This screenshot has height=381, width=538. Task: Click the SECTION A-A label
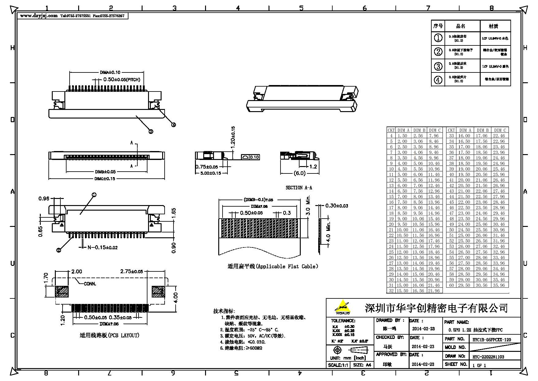299,188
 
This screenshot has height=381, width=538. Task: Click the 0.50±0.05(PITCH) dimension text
121,80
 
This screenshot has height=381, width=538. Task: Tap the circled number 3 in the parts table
438,66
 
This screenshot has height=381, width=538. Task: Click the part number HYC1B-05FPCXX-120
492,340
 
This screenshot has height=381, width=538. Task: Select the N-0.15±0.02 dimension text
102,247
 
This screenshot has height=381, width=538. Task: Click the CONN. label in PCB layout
90,284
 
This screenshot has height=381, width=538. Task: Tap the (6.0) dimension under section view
299,173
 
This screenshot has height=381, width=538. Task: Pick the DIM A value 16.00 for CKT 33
464,136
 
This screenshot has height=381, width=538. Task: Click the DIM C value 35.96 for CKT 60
499,285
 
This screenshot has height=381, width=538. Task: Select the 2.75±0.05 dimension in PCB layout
132,272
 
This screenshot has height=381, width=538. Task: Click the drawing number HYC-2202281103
488,357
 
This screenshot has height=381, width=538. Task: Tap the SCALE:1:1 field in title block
338,365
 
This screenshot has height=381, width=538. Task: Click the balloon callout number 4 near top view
173,125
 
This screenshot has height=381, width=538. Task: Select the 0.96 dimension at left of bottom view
44,199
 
